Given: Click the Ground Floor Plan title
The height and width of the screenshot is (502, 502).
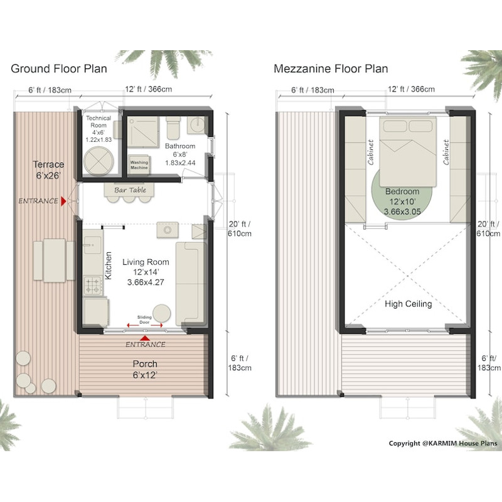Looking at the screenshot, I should (x=59, y=68).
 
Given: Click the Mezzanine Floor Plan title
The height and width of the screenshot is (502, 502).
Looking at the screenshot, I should (x=331, y=68).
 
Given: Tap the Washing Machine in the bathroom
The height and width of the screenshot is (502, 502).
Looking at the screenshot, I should (x=139, y=164).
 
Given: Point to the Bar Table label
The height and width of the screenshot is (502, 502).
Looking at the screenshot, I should (x=130, y=190).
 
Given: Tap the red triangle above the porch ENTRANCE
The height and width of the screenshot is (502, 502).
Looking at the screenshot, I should (x=145, y=338).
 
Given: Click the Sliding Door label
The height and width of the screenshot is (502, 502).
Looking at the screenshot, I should (x=145, y=319).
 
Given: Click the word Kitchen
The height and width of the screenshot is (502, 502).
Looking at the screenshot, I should (x=108, y=265).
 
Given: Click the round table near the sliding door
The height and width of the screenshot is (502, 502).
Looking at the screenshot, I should (x=163, y=313).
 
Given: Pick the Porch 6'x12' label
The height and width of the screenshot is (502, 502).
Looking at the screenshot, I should (x=145, y=369).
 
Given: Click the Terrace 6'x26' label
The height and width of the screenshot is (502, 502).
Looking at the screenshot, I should (x=48, y=170).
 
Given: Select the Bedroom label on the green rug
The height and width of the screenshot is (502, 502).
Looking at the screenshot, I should (x=403, y=196).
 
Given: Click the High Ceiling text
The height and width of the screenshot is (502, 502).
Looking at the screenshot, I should (x=408, y=304).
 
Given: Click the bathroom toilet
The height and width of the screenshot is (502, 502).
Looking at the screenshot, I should (x=173, y=130).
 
